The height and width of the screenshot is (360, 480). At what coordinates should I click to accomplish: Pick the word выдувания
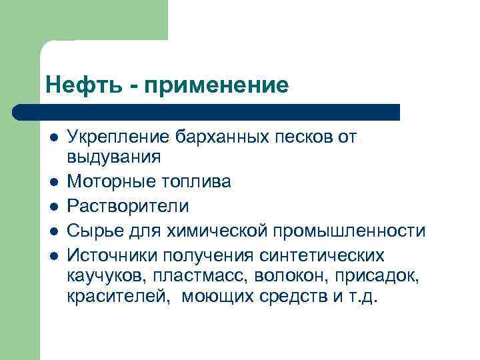click(114, 157)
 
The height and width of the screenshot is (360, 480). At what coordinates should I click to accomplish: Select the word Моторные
click(109, 181)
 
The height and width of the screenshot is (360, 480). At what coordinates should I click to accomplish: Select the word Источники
click(113, 255)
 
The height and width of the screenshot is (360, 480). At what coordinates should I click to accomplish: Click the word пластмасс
click(193, 275)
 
